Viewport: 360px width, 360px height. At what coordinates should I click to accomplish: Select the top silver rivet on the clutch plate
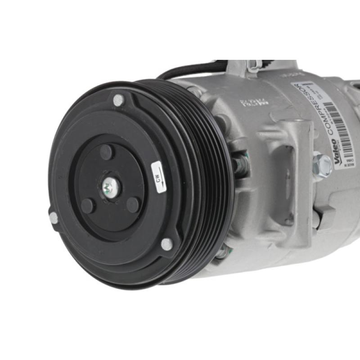118,100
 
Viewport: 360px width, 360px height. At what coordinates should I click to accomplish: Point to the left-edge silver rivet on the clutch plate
54,218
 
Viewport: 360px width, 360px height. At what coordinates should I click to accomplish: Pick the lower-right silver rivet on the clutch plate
166,244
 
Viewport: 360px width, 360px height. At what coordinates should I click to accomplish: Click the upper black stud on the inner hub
106,152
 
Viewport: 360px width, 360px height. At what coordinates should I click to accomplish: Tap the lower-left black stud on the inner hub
88,206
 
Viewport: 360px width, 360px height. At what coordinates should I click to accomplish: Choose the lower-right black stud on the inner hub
132,205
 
